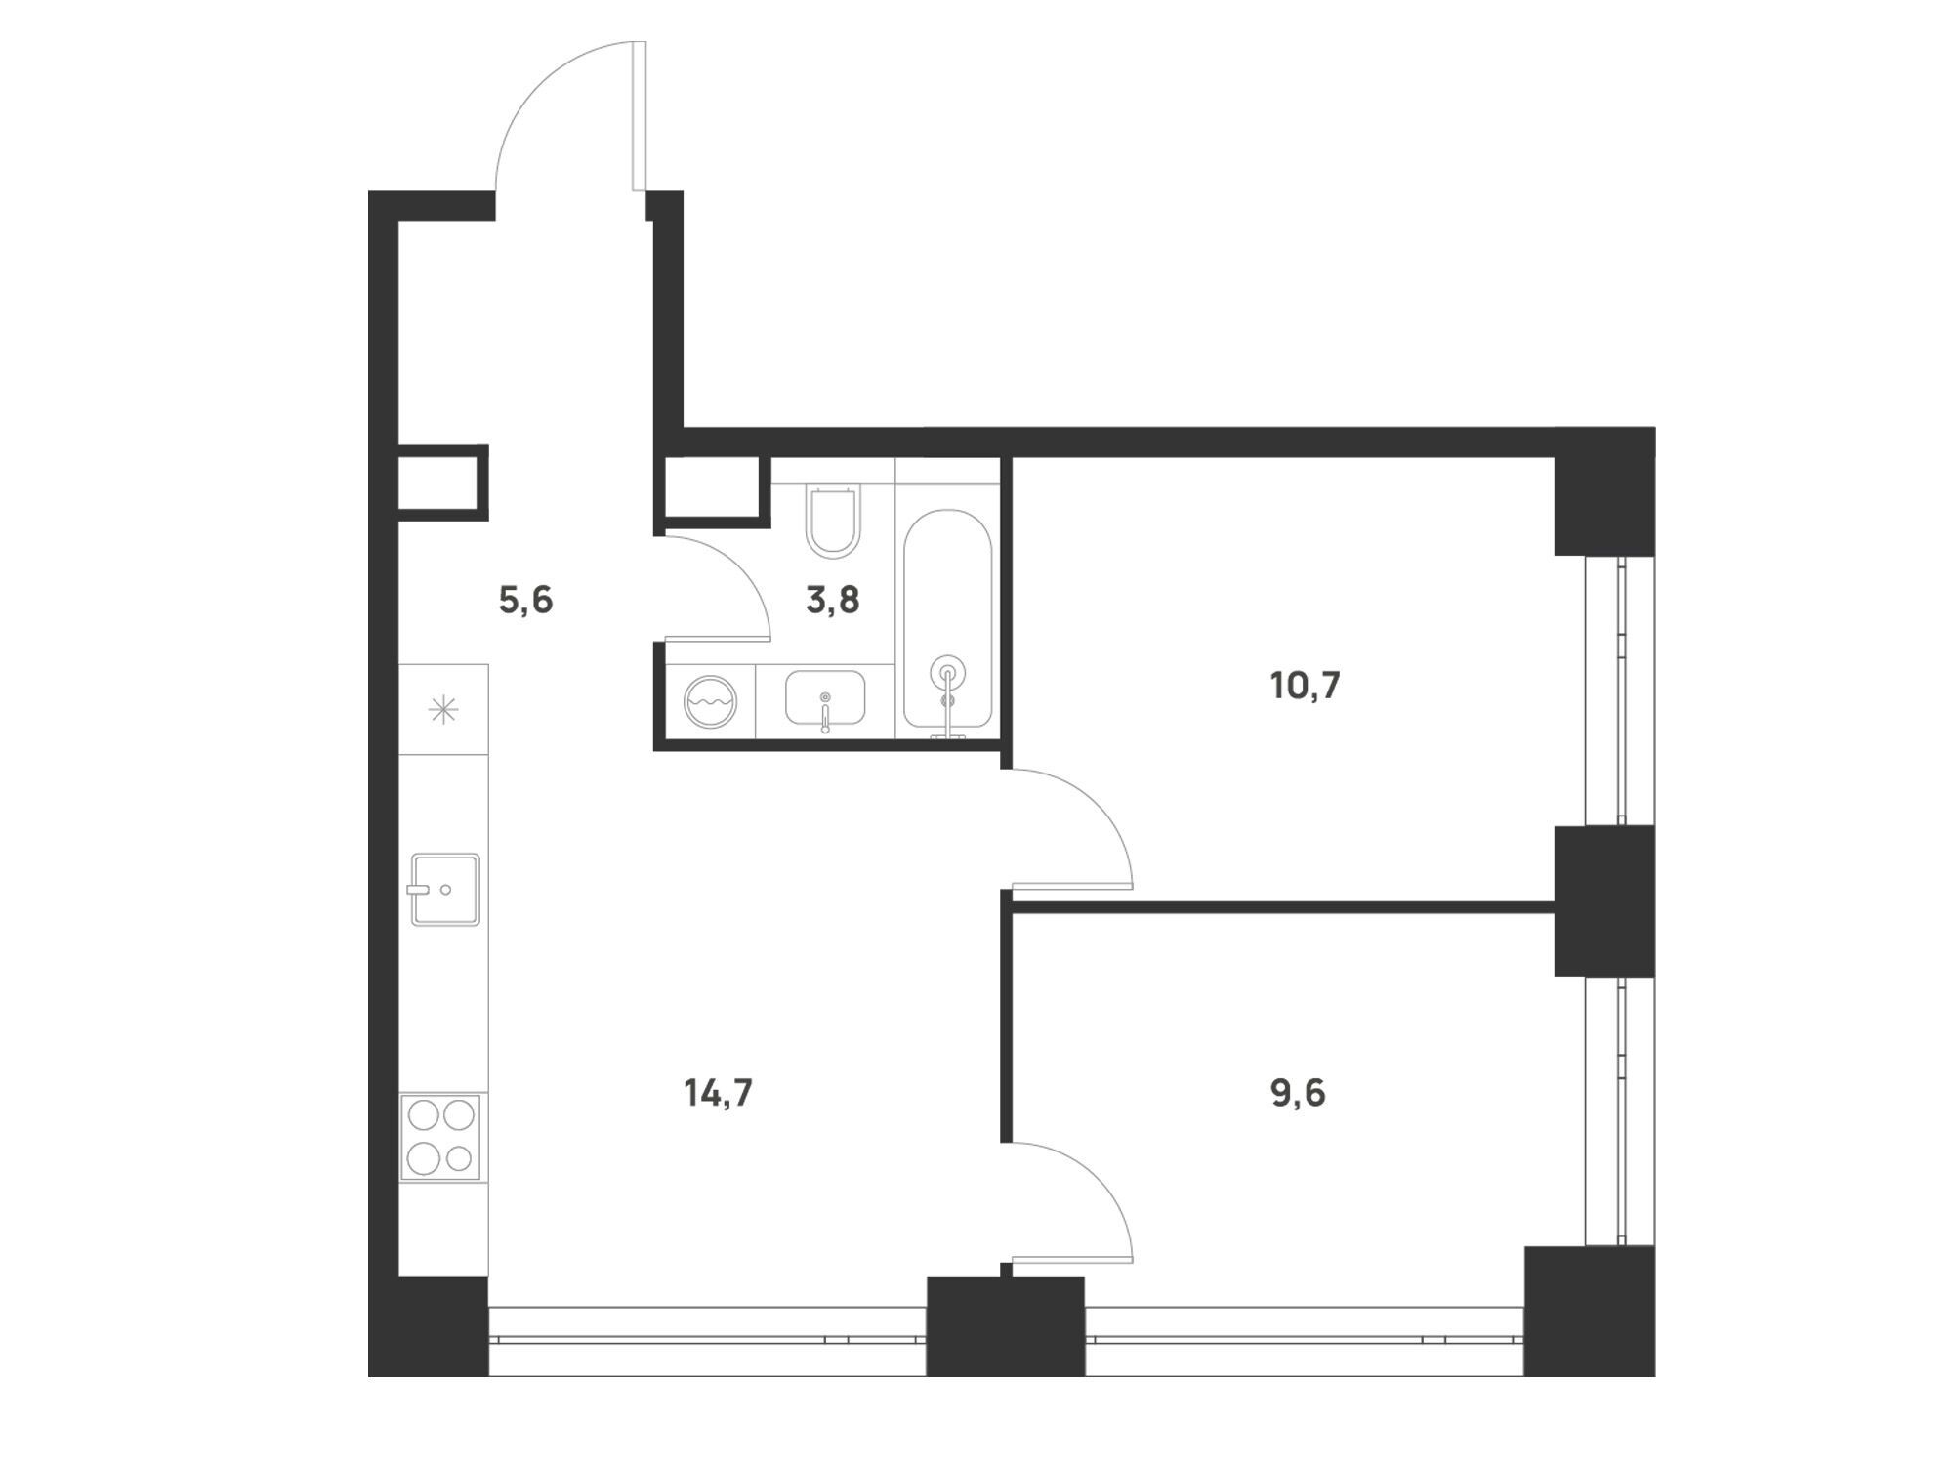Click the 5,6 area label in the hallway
[x=525, y=601]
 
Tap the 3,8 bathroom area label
[x=832, y=600]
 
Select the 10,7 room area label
[x=1305, y=686]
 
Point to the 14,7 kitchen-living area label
[x=718, y=1093]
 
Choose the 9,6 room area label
[x=1298, y=1093]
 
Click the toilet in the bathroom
[x=833, y=523]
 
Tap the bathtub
[x=947, y=619]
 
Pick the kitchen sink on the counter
[x=445, y=889]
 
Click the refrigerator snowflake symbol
[x=443, y=709]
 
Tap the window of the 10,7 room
[x=1619, y=691]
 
